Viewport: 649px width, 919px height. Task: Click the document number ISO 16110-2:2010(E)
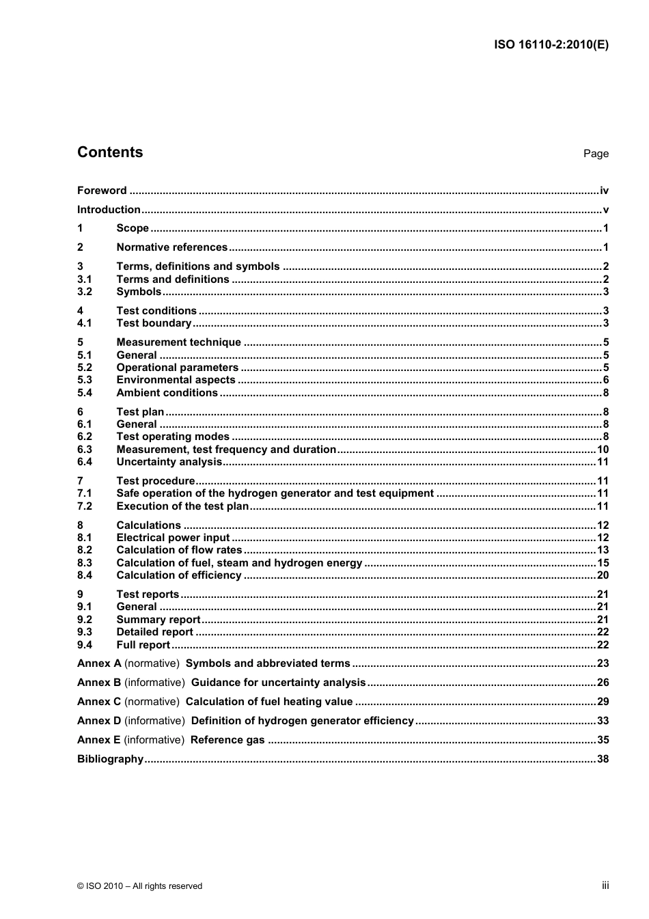[551, 45]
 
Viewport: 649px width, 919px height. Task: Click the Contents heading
[110, 152]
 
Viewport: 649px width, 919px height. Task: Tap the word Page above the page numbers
[596, 154]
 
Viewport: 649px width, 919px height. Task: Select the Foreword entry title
[102, 191]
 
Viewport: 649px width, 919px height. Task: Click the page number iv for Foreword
[604, 191]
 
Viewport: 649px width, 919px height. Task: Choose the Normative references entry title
[171, 247]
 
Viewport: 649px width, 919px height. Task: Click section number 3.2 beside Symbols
[84, 292]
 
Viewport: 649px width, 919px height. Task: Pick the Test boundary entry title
[154, 323]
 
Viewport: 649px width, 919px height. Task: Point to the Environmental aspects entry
[176, 380]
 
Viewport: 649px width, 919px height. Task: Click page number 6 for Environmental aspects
[605, 380]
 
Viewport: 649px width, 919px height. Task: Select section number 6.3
[84, 450]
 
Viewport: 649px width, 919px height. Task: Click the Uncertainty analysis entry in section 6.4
[169, 462]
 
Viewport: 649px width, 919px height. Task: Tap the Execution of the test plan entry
[182, 506]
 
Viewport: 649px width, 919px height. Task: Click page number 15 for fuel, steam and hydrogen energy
[603, 563]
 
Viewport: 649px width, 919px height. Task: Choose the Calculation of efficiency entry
[179, 575]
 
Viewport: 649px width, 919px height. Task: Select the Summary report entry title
[158, 620]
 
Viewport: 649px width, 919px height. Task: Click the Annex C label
[99, 702]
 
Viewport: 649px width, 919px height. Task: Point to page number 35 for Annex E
[603, 740]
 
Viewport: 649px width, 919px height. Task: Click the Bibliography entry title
[110, 759]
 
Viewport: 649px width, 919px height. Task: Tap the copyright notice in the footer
[139, 886]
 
